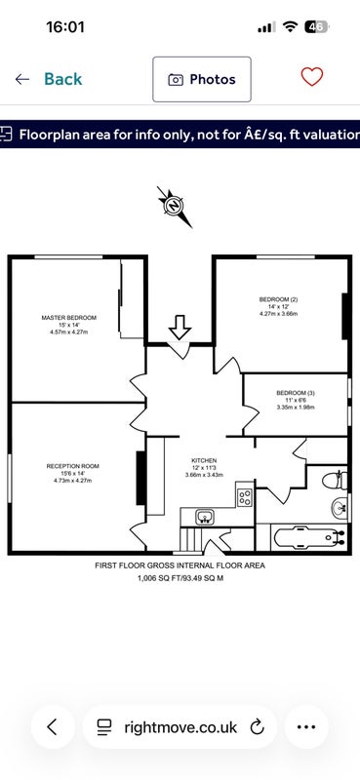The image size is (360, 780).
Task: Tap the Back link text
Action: coord(63,79)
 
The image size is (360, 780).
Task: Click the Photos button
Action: coord(202,80)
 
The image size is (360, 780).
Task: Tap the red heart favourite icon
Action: coord(312,77)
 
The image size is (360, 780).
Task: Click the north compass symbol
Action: coord(175,206)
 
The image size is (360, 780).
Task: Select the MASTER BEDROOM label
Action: coord(68,318)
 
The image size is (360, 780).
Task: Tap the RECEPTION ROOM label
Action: coord(73,466)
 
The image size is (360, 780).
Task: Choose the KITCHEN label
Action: coord(204,460)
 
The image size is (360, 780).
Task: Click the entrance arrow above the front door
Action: coord(180,328)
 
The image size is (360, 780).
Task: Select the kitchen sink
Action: coord(205,517)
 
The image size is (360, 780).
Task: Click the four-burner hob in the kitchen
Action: coord(245,497)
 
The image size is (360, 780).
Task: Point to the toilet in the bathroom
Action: coord(335,480)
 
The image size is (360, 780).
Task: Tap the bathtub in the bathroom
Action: coord(308,537)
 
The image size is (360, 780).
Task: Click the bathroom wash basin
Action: coord(340,507)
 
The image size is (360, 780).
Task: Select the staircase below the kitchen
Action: coord(189,540)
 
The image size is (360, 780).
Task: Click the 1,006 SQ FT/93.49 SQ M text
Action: coord(180,578)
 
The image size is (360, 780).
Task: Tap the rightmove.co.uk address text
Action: coord(180,727)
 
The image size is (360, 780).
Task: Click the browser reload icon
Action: coord(257,726)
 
